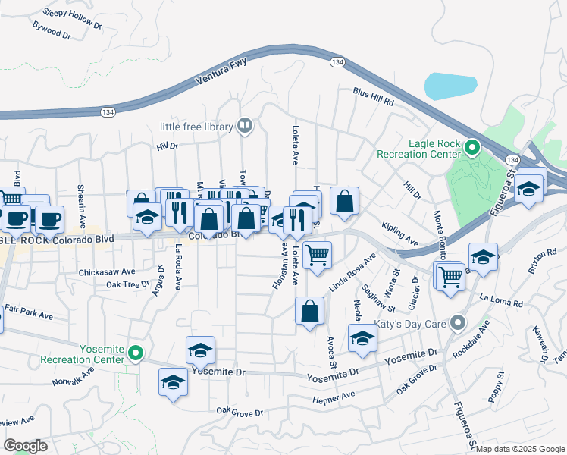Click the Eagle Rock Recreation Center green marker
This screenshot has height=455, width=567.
(472, 146)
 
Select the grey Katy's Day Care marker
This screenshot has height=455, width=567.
(456, 323)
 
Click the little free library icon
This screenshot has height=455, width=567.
(244, 126)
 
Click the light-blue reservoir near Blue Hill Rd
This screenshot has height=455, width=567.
(450, 86)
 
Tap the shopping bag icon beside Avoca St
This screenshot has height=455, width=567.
(309, 311)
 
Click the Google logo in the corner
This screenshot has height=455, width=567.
(25, 446)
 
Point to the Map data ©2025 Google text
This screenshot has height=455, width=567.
(520, 449)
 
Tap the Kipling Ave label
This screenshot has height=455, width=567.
(400, 234)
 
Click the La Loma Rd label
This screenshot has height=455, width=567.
(501, 301)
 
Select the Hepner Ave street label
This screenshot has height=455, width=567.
(334, 397)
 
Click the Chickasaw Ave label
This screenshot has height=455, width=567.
(107, 271)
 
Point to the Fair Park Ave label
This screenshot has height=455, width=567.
(29, 311)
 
